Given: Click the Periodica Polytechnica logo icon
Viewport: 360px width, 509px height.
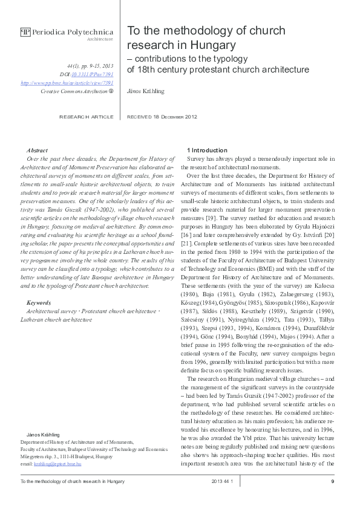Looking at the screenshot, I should [x=25, y=32].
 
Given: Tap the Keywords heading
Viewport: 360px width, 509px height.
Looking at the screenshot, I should [x=39, y=302].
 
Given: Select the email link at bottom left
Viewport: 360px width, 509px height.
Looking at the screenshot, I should [x=50, y=463].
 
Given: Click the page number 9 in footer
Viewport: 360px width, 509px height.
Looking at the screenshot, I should [x=333, y=481].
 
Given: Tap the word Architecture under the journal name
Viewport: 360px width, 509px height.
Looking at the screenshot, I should [x=100, y=39].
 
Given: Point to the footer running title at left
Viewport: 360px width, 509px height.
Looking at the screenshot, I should [x=73, y=481].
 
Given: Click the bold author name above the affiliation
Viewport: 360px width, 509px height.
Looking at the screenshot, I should [x=40, y=435].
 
